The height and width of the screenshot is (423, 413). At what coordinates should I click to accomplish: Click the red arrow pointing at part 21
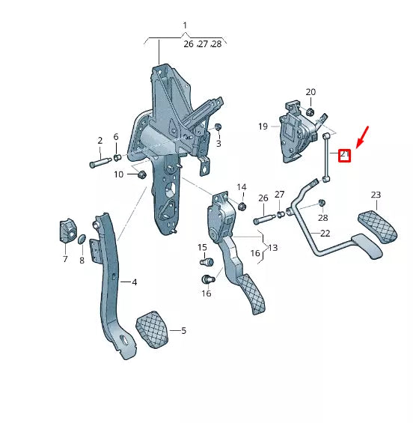coord(361,139)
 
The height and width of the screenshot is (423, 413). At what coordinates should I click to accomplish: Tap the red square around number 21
coord(345,155)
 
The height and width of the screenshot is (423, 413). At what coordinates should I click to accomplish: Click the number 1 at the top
coord(185,26)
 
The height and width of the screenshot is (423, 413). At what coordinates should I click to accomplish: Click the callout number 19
coord(263,127)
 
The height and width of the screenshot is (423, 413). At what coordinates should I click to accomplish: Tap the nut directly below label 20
coord(310,112)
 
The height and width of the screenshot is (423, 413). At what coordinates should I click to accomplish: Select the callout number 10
coord(119,174)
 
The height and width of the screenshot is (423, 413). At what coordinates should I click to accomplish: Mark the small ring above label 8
coord(82,239)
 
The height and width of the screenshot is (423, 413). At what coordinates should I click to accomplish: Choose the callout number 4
coord(134,282)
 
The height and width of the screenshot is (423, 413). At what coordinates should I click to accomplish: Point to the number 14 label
coord(241,186)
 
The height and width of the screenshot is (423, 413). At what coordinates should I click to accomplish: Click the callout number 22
coord(325,234)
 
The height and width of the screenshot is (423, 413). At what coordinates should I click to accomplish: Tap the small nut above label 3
coord(218,127)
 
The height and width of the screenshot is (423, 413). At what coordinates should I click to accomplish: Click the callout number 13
coord(272,248)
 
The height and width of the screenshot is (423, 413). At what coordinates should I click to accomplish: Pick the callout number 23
coord(376,194)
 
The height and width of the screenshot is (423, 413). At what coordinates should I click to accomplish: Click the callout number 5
coord(183,330)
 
